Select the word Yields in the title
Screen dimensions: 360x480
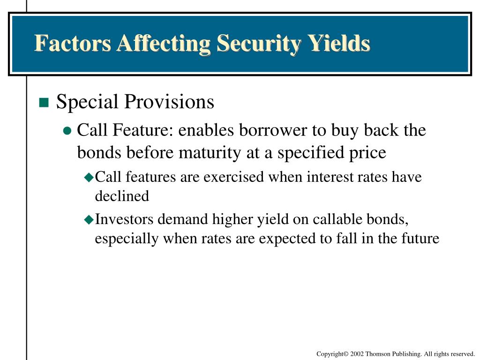pyautogui.click(x=339, y=44)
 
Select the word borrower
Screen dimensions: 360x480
pyautogui.click(x=273, y=130)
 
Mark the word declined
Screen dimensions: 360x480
pyautogui.click(x=122, y=196)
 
